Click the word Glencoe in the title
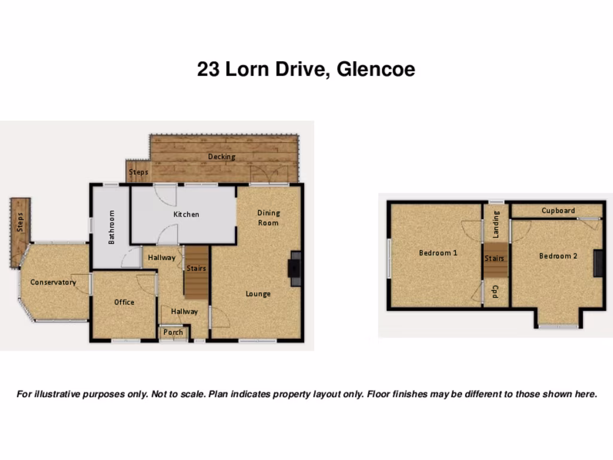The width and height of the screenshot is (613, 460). tap(375, 69)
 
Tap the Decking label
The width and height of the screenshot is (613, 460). tap(221, 157)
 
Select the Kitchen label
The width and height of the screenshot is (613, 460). tap(186, 214)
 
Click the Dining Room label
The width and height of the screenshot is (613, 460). tap(268, 218)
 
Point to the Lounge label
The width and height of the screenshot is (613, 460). tap(258, 293)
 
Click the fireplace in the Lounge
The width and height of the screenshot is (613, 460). tap(294, 264)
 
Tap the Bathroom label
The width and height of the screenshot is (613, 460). tap(111, 226)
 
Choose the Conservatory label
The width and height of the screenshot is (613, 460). tap(53, 282)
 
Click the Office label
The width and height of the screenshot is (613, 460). tap(125, 302)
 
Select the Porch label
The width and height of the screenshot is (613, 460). tap(173, 332)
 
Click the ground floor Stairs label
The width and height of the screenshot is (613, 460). tap(196, 268)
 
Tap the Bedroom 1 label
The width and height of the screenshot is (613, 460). tap(438, 253)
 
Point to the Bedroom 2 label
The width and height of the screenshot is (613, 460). tap(558, 256)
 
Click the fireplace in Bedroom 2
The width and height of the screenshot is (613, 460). tap(599, 264)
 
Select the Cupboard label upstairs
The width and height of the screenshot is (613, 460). tap(558, 210)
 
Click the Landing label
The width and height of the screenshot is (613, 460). tap(496, 224)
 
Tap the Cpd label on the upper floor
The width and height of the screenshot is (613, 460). tap(496, 292)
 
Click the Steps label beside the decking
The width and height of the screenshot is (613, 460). tap(138, 172)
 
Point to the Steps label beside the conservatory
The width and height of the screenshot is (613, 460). tap(20, 222)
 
